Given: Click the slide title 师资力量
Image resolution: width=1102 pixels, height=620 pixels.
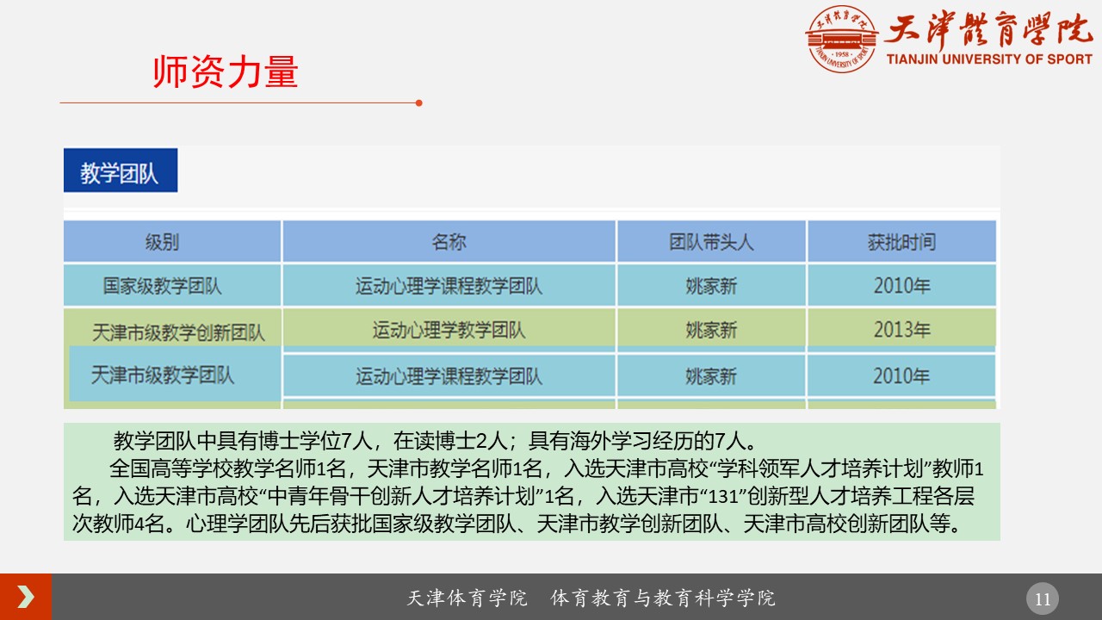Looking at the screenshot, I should [x=226, y=73].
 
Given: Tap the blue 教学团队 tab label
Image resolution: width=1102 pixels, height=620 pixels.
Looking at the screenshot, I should [x=120, y=173].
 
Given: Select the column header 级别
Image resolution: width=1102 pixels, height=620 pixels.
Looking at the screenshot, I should [x=163, y=242].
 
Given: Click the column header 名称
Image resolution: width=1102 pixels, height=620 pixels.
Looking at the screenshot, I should [x=449, y=242].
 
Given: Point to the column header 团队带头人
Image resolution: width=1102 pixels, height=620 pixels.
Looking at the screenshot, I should [x=711, y=242].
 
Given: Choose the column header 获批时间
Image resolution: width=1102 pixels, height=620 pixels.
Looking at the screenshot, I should [x=901, y=242].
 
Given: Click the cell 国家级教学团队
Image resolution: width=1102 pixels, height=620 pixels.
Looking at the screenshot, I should [x=163, y=286].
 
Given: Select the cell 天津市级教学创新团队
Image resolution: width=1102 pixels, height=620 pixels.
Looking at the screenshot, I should [x=179, y=332].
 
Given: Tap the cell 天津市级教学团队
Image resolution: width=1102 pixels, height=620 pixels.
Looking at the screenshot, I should [x=163, y=375].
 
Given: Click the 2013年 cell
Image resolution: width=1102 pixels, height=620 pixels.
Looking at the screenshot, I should [x=901, y=330].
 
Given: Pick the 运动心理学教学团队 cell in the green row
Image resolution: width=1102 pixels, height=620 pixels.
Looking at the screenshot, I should [x=449, y=330].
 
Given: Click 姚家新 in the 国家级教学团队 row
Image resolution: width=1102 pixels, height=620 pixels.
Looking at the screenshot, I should [x=711, y=286].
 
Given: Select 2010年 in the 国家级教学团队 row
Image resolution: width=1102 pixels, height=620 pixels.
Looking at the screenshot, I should [x=901, y=286].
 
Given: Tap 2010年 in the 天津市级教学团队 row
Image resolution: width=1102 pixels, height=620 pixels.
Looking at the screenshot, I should [x=901, y=376].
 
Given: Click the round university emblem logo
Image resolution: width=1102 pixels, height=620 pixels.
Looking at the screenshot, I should [x=841, y=39].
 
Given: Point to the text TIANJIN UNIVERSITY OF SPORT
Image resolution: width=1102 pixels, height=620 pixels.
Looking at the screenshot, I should [x=989, y=59].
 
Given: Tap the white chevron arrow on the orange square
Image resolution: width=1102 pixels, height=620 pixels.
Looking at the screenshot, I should [x=26, y=597].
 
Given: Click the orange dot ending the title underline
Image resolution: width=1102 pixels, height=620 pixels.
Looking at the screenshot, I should [x=418, y=102].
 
